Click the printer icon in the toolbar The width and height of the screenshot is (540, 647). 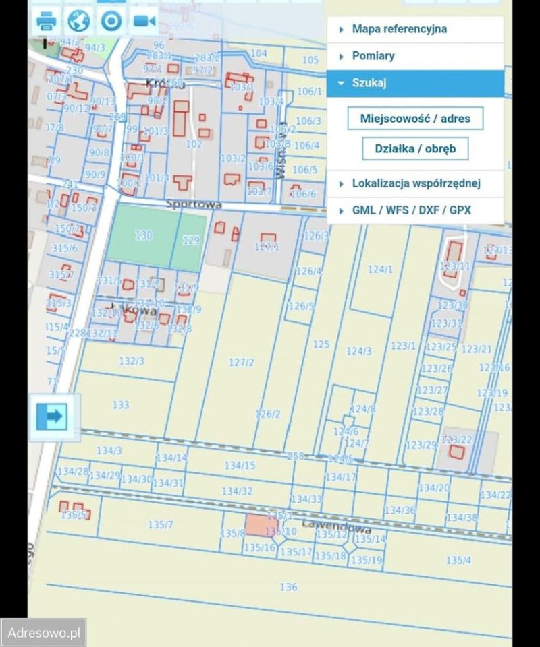tap(46, 22)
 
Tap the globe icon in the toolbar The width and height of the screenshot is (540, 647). tap(79, 22)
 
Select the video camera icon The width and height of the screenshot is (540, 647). tap(144, 22)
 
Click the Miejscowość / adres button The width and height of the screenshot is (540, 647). tap(415, 118)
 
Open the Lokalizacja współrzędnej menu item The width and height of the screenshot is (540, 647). tap(415, 183)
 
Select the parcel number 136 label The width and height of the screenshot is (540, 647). tap(288, 587)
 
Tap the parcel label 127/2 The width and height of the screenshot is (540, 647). tap(241, 363)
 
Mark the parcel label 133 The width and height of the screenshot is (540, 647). tap(121, 405)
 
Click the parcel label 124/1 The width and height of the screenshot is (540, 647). tap(380, 270)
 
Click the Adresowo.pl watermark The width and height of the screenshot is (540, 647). tap(43, 634)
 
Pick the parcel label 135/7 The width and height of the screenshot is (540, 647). tap(161, 524)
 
